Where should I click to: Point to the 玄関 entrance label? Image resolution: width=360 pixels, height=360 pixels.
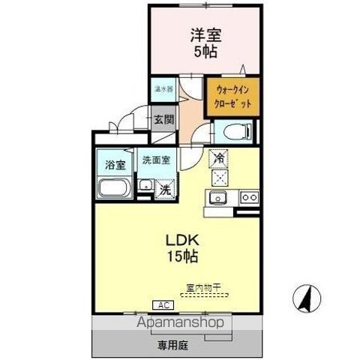pos(163,118)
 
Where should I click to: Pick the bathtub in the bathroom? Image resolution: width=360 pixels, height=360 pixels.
pos(113,189)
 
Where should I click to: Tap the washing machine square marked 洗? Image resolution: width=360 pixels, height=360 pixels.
pos(165,190)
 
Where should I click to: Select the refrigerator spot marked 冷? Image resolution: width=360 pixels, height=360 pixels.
pos(218,158)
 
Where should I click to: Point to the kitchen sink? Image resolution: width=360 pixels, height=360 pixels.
pos(219,198)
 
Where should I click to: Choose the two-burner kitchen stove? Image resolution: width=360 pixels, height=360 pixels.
pos(248,198)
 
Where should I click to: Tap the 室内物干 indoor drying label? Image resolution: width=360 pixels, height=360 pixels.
pos(202,286)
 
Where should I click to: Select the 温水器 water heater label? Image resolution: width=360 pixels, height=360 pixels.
pos(162,88)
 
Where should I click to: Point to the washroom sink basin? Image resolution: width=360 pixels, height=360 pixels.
pos(145,184)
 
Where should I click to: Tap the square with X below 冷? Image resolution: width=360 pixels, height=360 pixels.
pos(219,178)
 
